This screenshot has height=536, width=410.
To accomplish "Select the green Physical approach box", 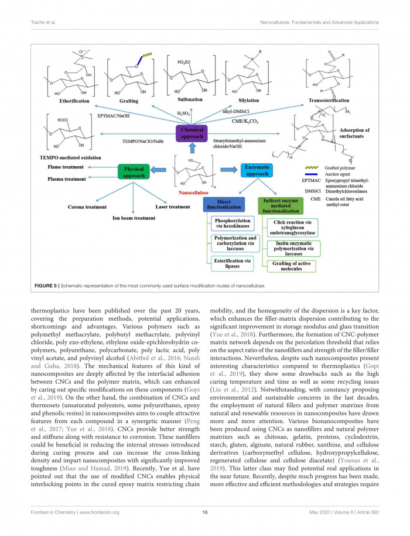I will [x=134, y=172].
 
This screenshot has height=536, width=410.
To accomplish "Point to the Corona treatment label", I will [x=87, y=207].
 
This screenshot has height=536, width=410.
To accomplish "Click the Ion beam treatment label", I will [x=134, y=218].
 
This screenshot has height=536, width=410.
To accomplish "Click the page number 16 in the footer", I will [x=204, y=512].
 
